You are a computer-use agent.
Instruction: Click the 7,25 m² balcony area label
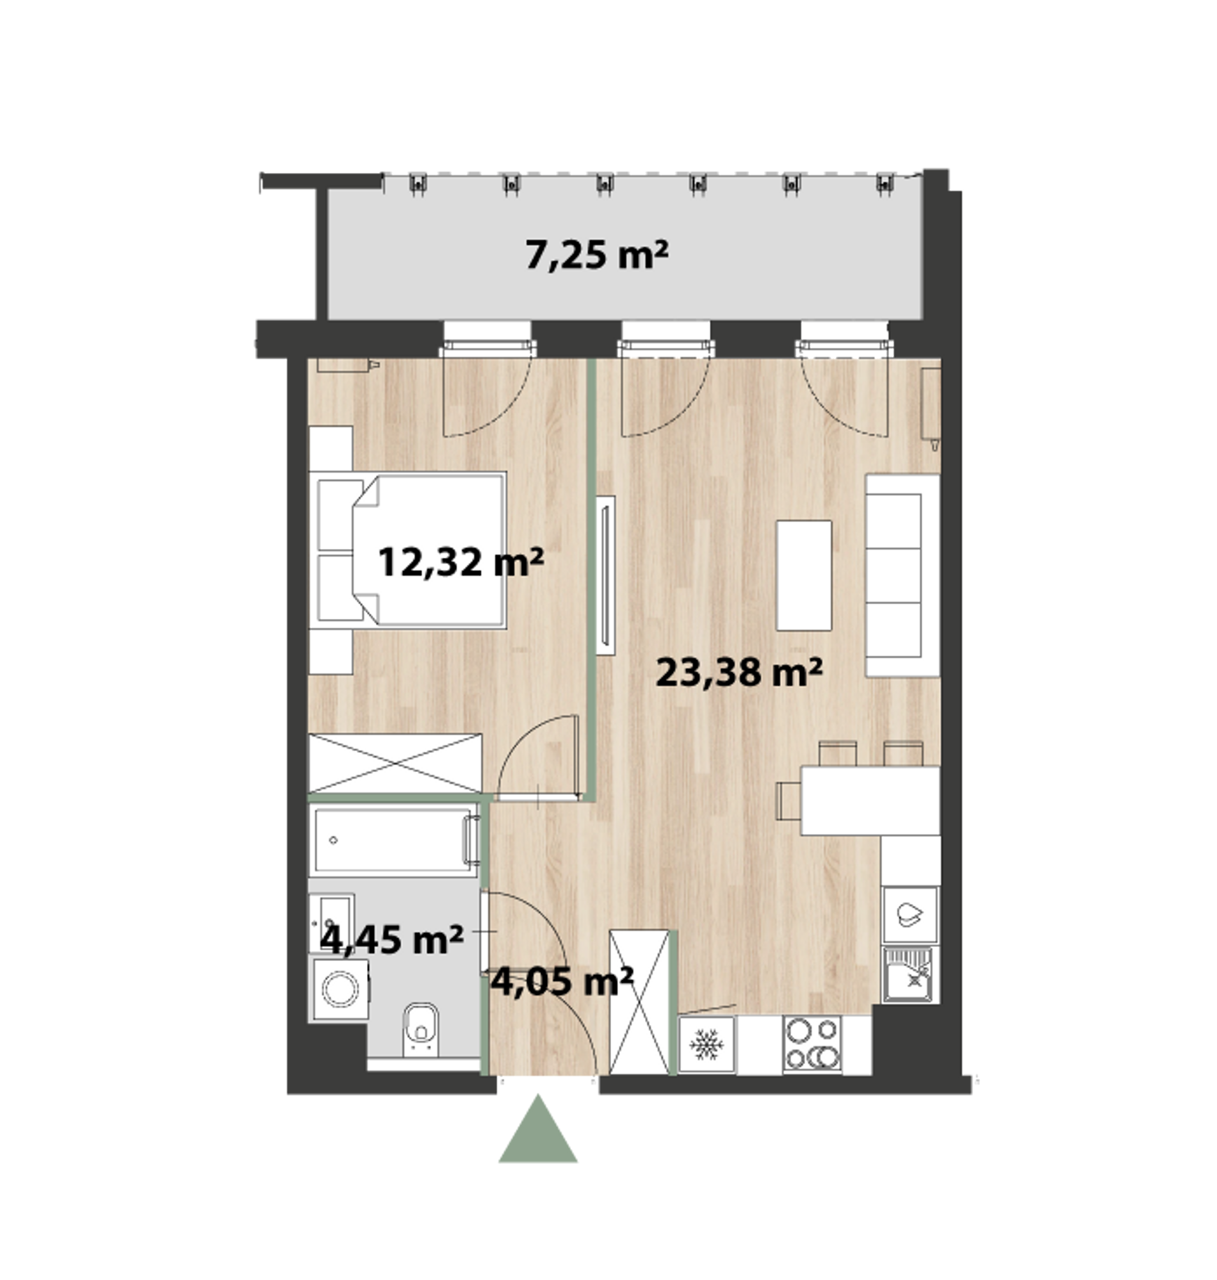coord(596,255)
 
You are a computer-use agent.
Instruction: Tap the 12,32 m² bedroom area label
coord(461,562)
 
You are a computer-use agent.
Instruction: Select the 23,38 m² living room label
coord(740,671)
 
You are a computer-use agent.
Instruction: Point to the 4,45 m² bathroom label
coord(392,939)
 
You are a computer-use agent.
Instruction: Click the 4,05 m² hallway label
coord(562,981)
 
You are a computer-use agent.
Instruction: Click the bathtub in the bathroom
coord(395,840)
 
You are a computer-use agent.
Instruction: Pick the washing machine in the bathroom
coord(341,990)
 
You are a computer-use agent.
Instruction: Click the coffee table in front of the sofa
coord(805,575)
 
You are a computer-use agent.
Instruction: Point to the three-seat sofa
coord(903,575)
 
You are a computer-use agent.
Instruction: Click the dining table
coord(870,801)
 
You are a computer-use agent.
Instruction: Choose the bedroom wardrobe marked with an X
coord(395,763)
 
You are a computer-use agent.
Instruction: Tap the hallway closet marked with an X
coord(640,1003)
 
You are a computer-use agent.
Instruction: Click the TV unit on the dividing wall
coord(605,575)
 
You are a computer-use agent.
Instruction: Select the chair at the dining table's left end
coord(789,801)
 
